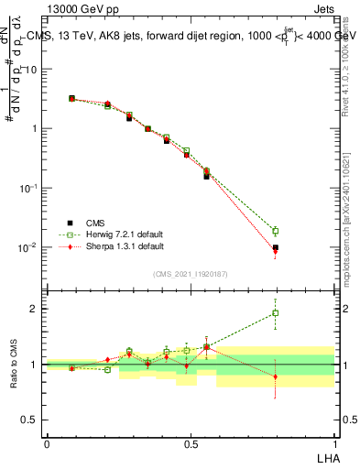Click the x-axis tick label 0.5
pyautogui.click(x=191, y=443)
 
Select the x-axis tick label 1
pyautogui.click(x=334, y=443)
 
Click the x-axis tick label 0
pyautogui.click(x=47, y=443)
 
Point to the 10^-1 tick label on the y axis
pyautogui.click(x=30, y=188)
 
